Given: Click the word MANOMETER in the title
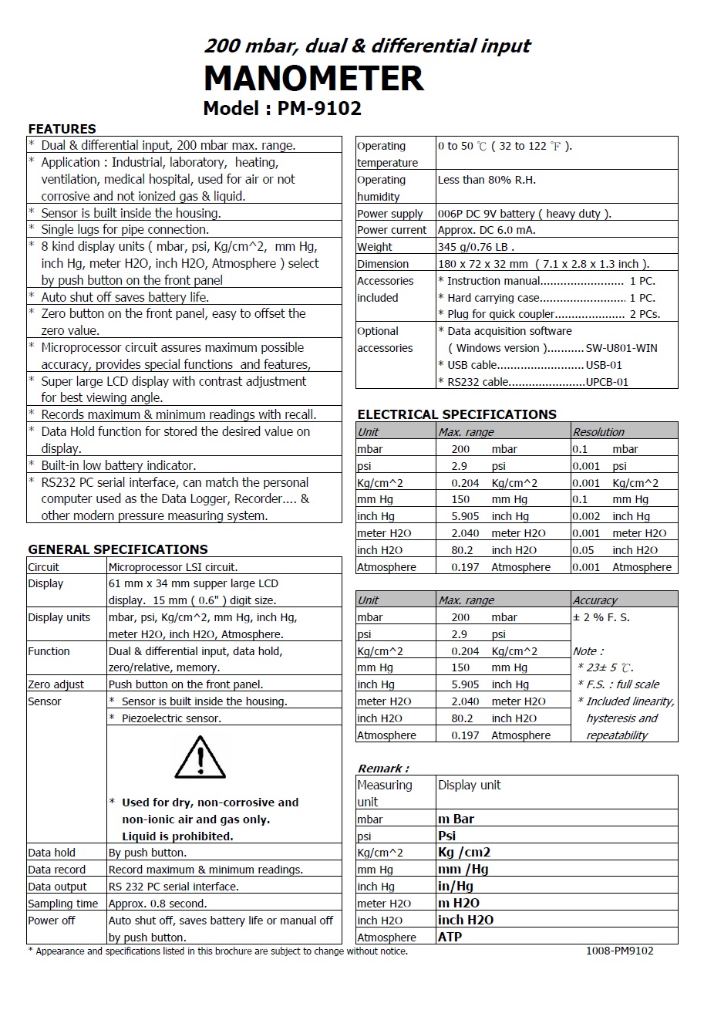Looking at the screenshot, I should (x=313, y=79).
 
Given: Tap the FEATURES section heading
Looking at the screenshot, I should (x=62, y=129).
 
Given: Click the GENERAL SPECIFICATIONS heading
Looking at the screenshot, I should (x=117, y=549).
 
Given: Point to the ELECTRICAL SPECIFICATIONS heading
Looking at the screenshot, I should (x=456, y=414).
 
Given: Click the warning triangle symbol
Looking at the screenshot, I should (x=200, y=758).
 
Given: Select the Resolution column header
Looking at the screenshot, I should (x=598, y=432).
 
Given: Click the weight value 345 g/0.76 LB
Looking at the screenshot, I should (x=475, y=247).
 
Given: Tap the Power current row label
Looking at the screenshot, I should (x=391, y=230).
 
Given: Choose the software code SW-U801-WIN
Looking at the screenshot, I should (x=621, y=348).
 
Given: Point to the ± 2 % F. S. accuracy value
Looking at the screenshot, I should (x=601, y=617).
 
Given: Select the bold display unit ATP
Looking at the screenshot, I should (x=450, y=937).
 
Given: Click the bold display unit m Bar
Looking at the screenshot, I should (x=456, y=819).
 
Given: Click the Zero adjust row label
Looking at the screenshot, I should (x=56, y=684).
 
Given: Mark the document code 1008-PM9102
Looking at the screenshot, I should (x=619, y=951).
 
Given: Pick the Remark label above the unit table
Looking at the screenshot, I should (x=382, y=769).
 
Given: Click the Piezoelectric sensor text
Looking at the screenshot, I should (x=171, y=718).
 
